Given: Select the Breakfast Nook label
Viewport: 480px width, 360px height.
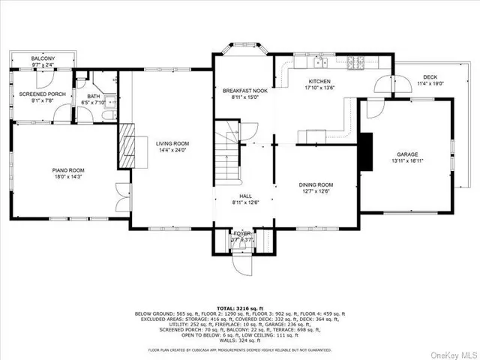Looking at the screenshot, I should point(241,90).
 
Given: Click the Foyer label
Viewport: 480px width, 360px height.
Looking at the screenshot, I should point(242,233).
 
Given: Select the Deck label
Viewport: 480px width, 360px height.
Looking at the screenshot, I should point(429,76).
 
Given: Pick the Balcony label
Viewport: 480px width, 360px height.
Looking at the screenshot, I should point(42,58).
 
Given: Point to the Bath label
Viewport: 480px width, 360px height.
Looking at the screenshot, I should point(93,96).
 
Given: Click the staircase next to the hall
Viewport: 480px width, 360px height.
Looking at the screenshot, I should point(227,154).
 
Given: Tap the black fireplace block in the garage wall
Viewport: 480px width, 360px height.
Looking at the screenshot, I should point(365,153).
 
